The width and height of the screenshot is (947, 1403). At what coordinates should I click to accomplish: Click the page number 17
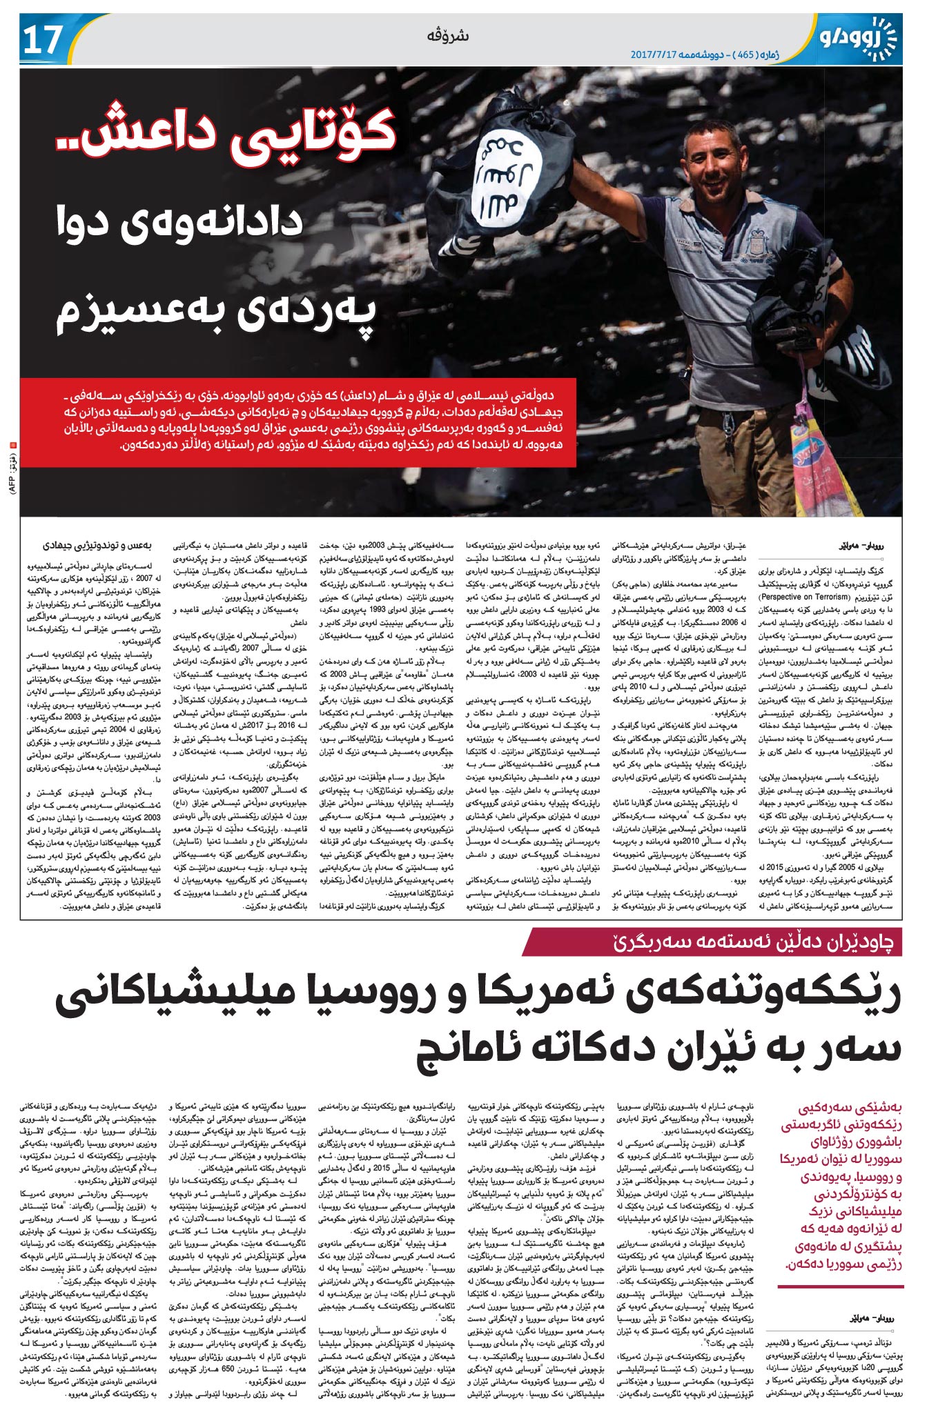tap(43, 40)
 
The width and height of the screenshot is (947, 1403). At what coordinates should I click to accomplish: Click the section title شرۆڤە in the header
tap(453, 35)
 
